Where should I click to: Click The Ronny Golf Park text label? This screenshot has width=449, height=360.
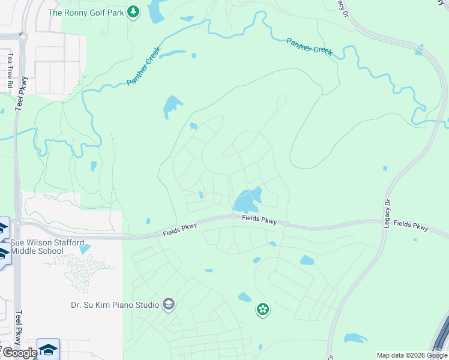click(x=86, y=12)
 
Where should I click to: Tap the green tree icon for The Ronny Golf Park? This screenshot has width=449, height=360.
click(x=134, y=11)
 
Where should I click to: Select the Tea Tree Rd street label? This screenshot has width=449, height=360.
click(x=10, y=70)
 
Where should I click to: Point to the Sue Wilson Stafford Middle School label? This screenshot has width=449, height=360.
click(x=44, y=247)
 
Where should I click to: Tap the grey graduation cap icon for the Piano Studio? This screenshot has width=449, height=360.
click(x=169, y=305)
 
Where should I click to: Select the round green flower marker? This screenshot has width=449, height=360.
click(x=262, y=310)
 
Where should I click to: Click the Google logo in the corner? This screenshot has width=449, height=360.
click(x=19, y=353)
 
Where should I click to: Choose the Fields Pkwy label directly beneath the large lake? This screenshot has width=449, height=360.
click(x=259, y=220)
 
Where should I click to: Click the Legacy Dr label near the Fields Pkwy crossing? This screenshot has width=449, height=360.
click(x=387, y=214)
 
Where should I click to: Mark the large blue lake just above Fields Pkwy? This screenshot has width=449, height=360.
click(x=247, y=200)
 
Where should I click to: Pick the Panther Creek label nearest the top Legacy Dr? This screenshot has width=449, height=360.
click(x=309, y=46)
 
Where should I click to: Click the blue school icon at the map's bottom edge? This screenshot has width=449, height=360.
click(x=48, y=349)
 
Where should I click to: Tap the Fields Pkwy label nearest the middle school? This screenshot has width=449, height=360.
click(x=180, y=229)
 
